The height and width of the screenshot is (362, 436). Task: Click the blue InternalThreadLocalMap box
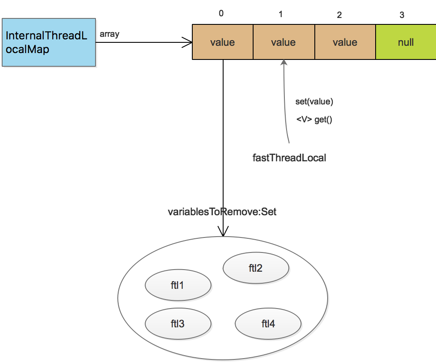48,42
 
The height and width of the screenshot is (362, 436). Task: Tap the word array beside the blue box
109,34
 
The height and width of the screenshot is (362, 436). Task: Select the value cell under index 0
223,42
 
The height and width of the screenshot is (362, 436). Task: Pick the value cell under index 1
284,42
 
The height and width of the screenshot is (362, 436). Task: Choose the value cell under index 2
345,42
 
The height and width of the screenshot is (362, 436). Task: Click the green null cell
406,42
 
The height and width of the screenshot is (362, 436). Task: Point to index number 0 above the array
221,13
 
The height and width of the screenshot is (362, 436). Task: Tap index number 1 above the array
281,15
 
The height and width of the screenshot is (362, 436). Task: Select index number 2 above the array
339,15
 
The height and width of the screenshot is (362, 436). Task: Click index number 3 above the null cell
402,15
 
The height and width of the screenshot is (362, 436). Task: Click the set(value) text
314,102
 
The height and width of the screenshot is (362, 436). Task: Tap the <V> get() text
314,120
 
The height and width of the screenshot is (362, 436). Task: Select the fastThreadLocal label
289,157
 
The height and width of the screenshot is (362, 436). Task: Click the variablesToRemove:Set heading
222,212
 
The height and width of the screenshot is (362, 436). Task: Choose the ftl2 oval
256,268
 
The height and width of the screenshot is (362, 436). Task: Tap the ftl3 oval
178,324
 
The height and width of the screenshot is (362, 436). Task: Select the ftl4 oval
268,324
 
